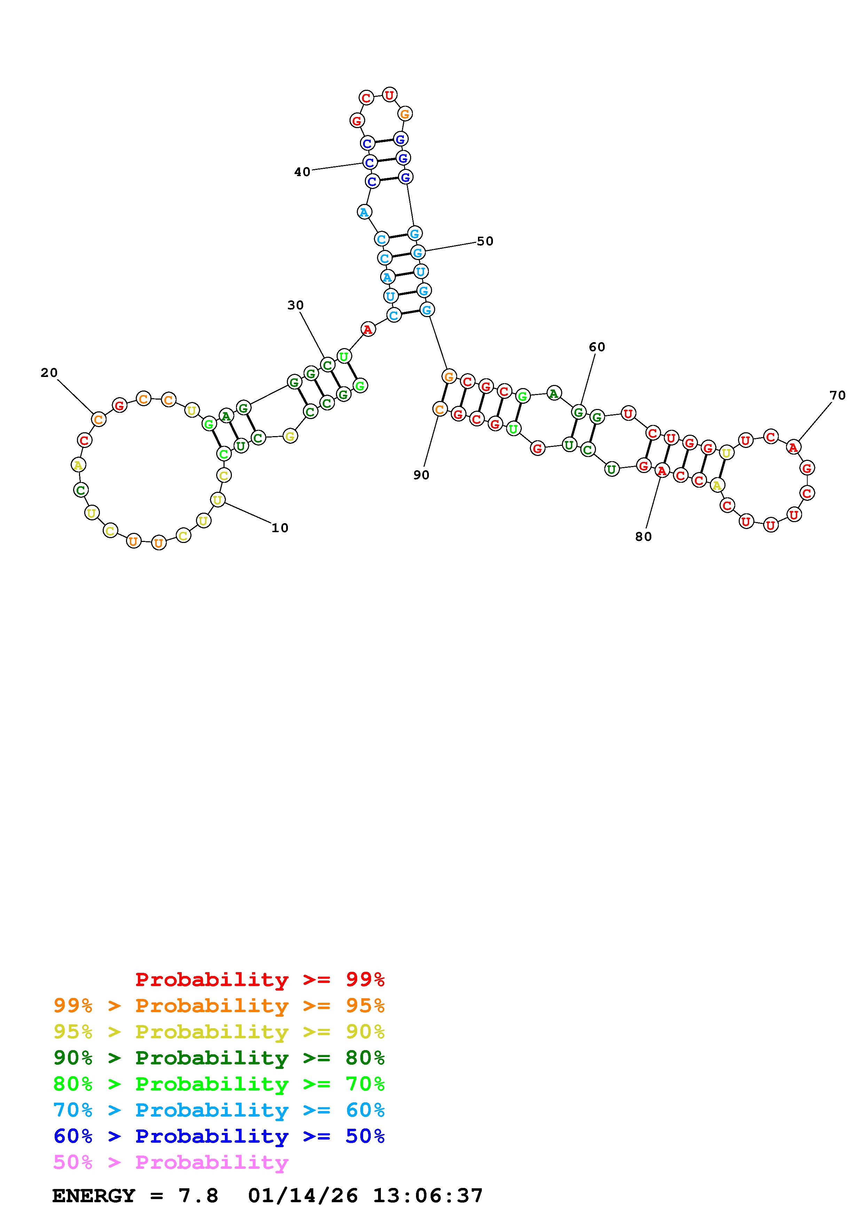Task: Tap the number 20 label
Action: (49, 373)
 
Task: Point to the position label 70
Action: (838, 395)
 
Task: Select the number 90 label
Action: (421, 475)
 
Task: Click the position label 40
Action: (302, 172)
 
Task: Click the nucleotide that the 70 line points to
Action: (793, 447)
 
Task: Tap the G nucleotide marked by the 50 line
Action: (418, 253)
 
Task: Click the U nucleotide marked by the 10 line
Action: (218, 500)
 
